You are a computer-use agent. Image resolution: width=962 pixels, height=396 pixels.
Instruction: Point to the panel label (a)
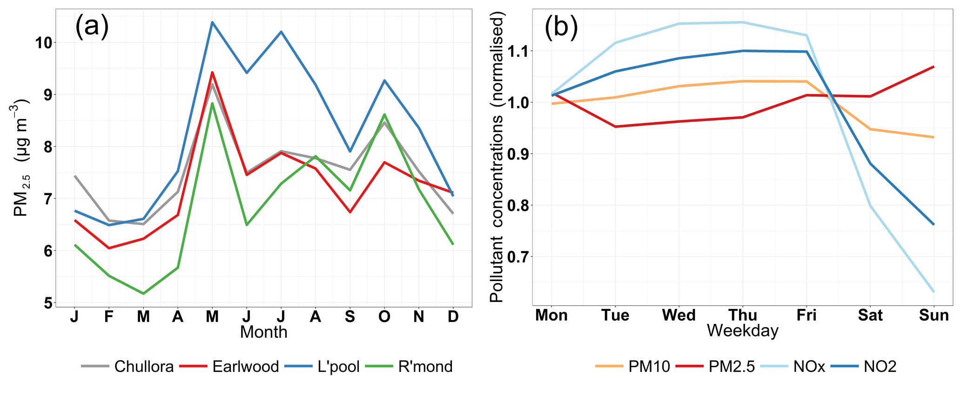pos(92,26)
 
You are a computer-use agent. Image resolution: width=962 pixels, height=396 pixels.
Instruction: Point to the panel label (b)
pos(561,27)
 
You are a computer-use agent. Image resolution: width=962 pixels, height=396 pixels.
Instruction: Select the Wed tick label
pos(679,315)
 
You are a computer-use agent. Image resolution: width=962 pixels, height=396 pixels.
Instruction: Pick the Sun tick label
pos(934,315)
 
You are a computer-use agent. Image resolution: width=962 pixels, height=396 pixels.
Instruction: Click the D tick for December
pos(453,316)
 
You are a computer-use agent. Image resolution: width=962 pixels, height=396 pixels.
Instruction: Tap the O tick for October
pos(384,316)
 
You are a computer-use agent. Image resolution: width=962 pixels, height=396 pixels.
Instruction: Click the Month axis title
pos(263,332)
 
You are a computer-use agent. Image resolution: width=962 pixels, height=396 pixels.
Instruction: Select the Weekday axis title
pos(742,331)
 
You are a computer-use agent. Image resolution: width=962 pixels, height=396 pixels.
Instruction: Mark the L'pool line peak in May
pos(212,22)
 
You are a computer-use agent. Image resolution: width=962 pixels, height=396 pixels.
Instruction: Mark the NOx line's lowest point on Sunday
pos(934,292)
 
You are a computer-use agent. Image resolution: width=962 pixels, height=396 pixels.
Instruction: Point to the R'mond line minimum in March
pos(143,294)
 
